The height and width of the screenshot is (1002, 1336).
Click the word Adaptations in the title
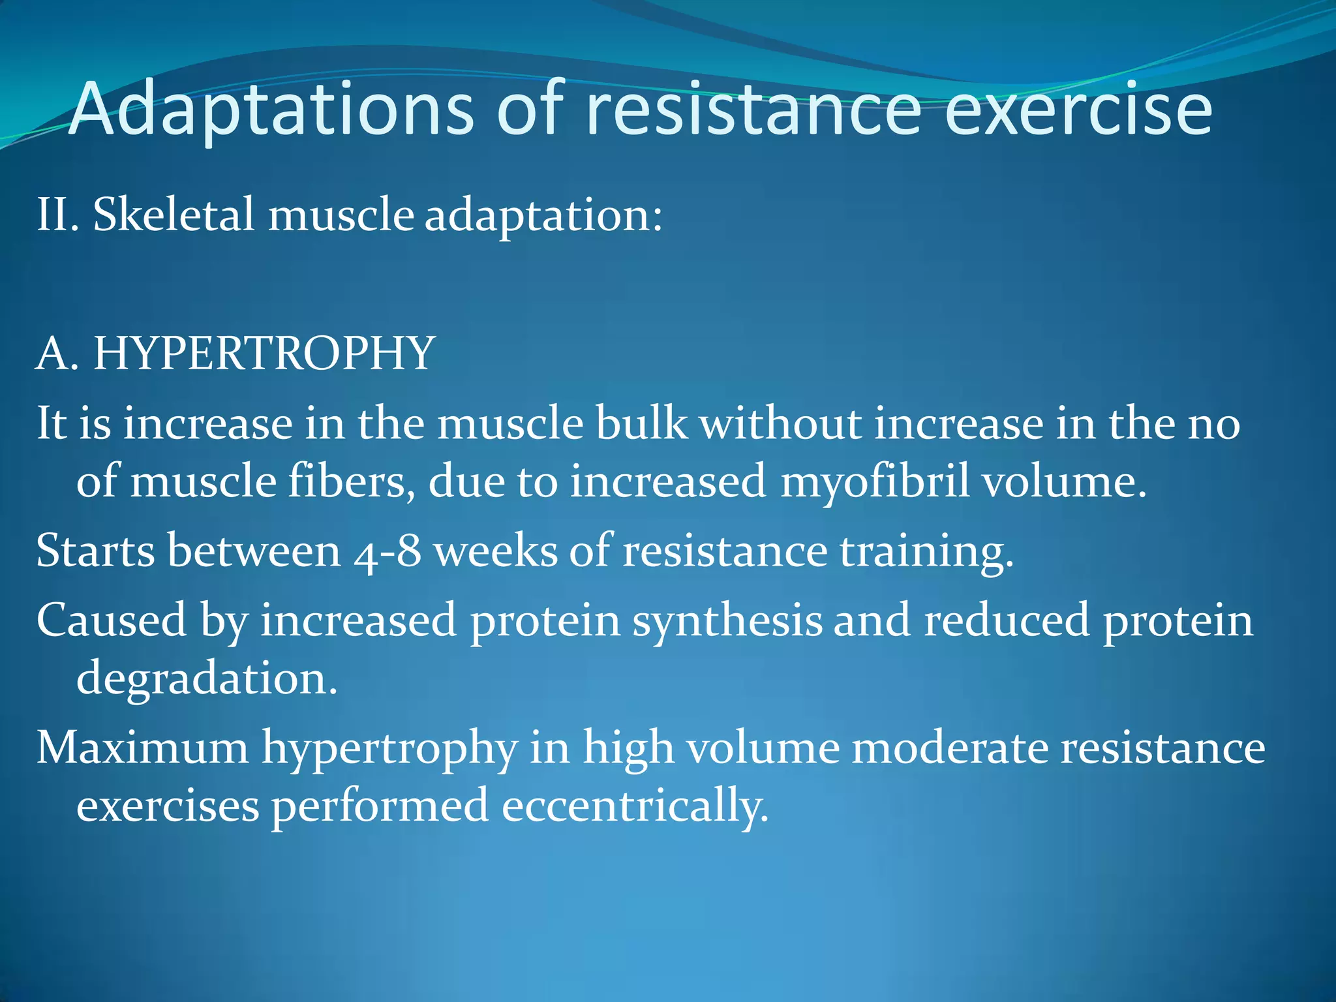click(271, 110)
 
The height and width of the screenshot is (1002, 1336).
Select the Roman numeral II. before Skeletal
click(57, 215)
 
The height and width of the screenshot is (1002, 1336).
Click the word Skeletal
click(173, 215)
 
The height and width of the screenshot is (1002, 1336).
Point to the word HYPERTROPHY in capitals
click(264, 354)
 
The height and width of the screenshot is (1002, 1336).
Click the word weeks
click(496, 552)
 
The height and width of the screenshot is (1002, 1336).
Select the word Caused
click(111, 620)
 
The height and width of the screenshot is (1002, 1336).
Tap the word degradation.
click(207, 678)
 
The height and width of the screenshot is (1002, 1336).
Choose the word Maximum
click(142, 748)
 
